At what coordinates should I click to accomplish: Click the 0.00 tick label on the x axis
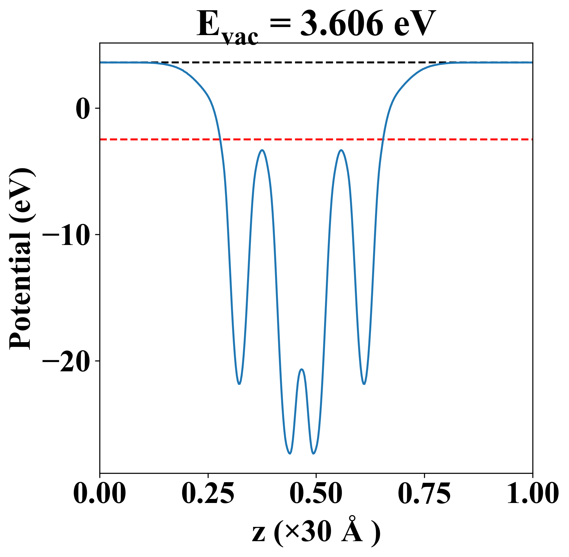(x=100, y=494)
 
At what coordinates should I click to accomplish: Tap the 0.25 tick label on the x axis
(x=208, y=494)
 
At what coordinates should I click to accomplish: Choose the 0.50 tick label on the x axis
(x=316, y=494)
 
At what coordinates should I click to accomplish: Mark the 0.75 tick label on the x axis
(x=424, y=494)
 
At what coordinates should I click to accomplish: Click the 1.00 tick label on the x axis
(x=532, y=494)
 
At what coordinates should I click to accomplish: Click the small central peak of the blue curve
(x=302, y=369)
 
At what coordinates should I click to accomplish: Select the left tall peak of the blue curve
(x=263, y=150)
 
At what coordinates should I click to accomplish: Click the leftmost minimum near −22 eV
(x=239, y=384)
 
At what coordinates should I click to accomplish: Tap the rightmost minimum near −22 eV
(x=364, y=384)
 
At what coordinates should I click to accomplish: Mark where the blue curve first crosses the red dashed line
(x=220, y=139)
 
